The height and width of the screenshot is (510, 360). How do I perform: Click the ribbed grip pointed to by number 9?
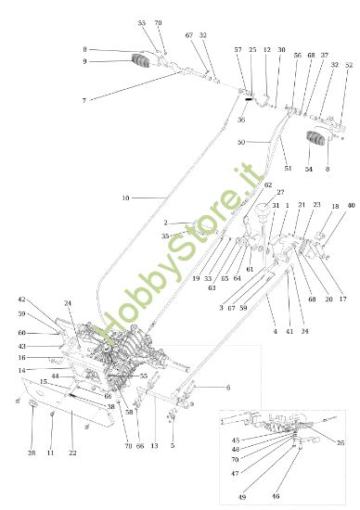pyautogui.click(x=143, y=62)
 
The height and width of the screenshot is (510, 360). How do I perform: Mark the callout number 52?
pyautogui.click(x=349, y=66)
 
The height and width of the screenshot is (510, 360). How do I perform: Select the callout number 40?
pyautogui.click(x=351, y=206)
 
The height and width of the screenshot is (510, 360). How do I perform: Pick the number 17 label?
pyautogui.click(x=342, y=299)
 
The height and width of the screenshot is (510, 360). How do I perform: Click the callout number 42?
pyautogui.click(x=21, y=300)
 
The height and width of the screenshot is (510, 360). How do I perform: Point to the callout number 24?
pyautogui.click(x=68, y=304)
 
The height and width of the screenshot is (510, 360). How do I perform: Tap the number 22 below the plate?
pyautogui.click(x=72, y=452)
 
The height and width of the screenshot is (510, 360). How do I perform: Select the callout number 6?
pyautogui.click(x=228, y=388)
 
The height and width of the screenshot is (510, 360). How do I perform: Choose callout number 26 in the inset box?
pyautogui.click(x=341, y=443)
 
